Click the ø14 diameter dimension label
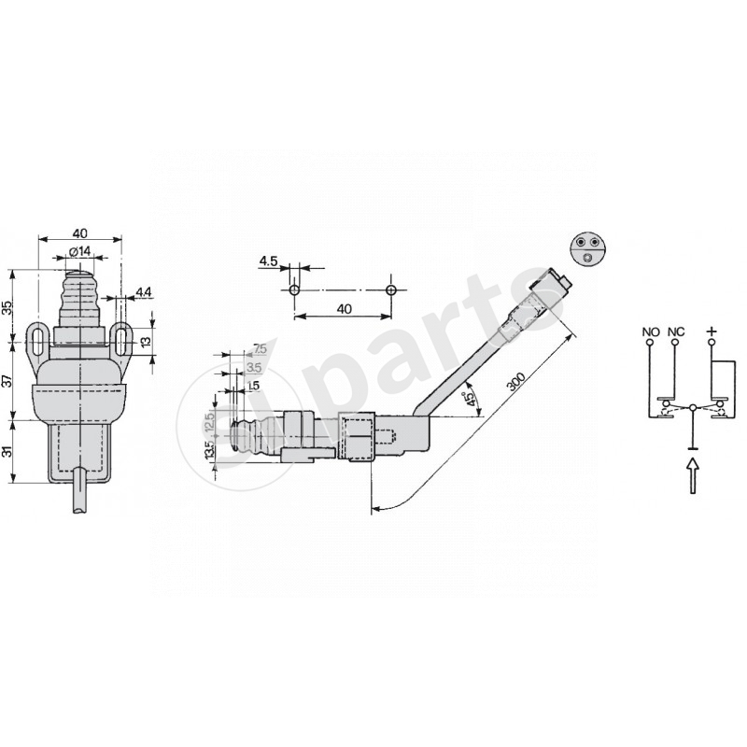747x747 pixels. tap(79, 251)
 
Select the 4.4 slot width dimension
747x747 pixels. tap(143, 293)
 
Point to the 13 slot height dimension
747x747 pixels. tap(145, 343)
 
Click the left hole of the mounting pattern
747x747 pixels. tap(294, 289)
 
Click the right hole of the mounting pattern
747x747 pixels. tap(391, 289)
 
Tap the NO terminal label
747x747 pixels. tap(651, 331)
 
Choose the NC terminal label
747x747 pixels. tap(676, 331)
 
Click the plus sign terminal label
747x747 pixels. tap(712, 331)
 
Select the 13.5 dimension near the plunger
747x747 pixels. tap(209, 450)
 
